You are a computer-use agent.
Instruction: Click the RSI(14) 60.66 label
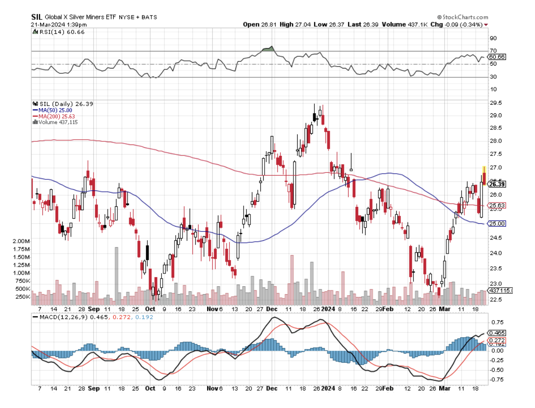[x=53, y=32]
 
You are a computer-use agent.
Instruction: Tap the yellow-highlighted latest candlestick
[x=484, y=175]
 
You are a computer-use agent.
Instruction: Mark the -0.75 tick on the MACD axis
[x=497, y=379]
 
